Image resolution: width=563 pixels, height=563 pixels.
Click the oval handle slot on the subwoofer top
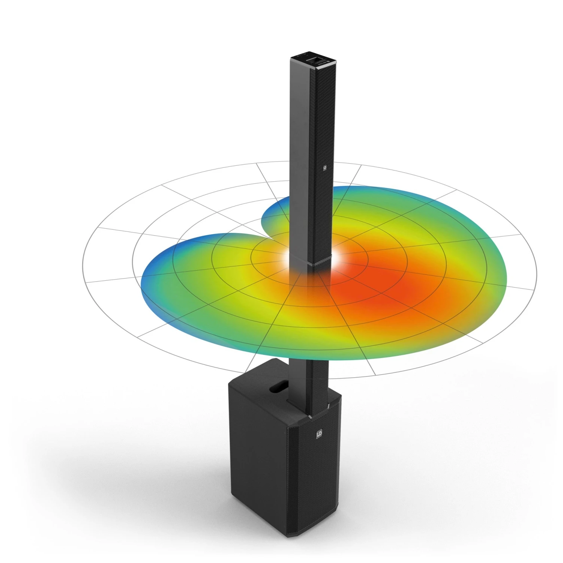coord(278,385)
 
